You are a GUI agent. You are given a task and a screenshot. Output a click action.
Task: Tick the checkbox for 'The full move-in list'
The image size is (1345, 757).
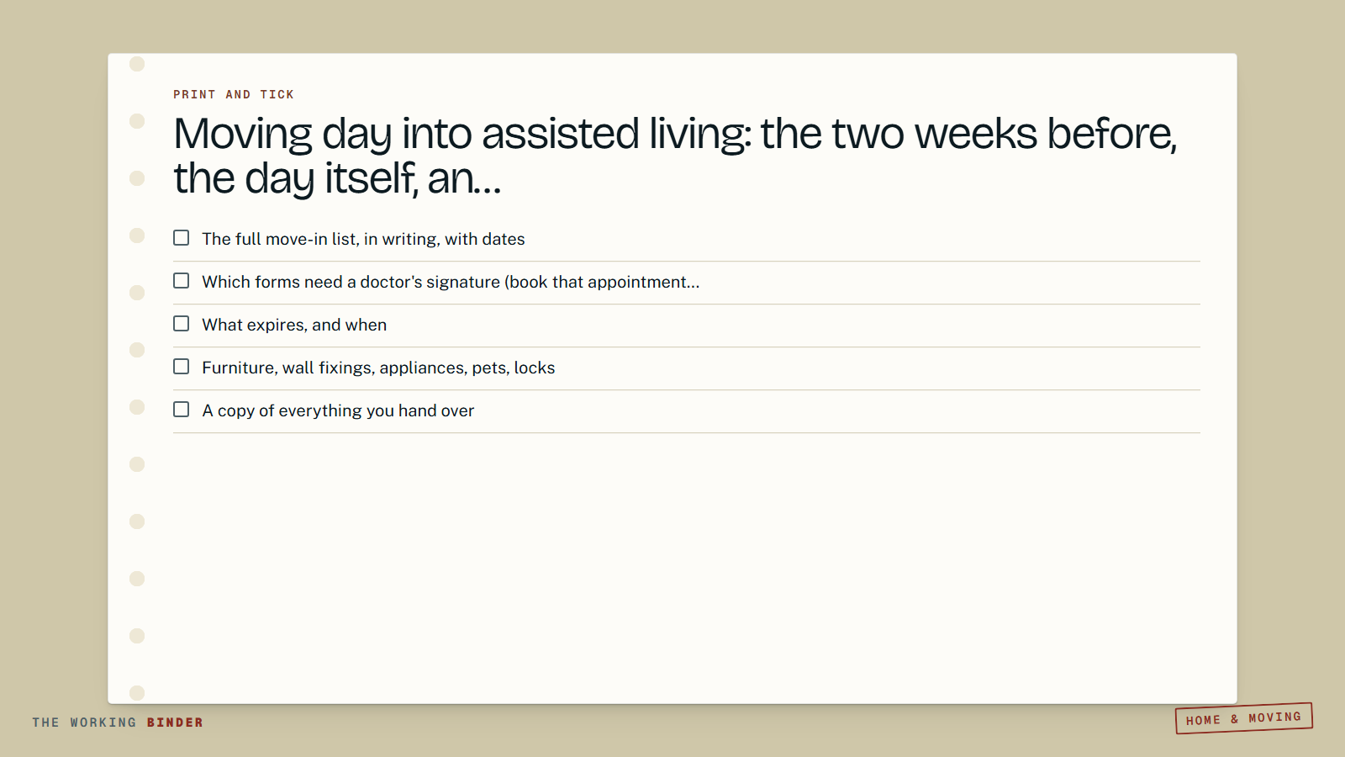(181, 238)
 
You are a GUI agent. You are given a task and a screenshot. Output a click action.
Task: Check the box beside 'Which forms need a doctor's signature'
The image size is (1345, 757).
(181, 281)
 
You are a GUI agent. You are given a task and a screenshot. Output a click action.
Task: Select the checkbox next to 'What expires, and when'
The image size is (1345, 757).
(181, 324)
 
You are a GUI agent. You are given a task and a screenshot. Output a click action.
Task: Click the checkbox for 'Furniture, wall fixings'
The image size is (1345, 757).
(181, 367)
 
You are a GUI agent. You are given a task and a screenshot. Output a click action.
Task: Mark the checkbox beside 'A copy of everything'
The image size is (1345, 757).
(181, 409)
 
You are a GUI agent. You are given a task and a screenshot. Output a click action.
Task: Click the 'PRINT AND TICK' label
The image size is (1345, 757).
(234, 94)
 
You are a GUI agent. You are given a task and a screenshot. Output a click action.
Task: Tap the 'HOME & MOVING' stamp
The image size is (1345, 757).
(1243, 718)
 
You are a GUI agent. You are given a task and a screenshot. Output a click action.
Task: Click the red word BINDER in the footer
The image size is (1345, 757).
(176, 723)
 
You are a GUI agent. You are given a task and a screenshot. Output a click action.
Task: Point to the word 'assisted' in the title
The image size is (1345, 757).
(560, 134)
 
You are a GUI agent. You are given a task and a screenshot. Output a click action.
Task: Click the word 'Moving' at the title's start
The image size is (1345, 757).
(243, 135)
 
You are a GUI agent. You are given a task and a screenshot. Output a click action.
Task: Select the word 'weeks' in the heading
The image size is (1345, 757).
(976, 134)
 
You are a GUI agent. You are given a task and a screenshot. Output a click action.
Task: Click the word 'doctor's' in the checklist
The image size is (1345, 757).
(391, 282)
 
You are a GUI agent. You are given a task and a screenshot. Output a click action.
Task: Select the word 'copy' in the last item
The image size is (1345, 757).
(236, 411)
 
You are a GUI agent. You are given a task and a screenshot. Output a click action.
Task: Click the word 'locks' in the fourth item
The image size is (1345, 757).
(535, 368)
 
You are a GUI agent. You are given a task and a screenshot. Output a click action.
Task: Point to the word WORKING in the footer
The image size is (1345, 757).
(103, 723)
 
